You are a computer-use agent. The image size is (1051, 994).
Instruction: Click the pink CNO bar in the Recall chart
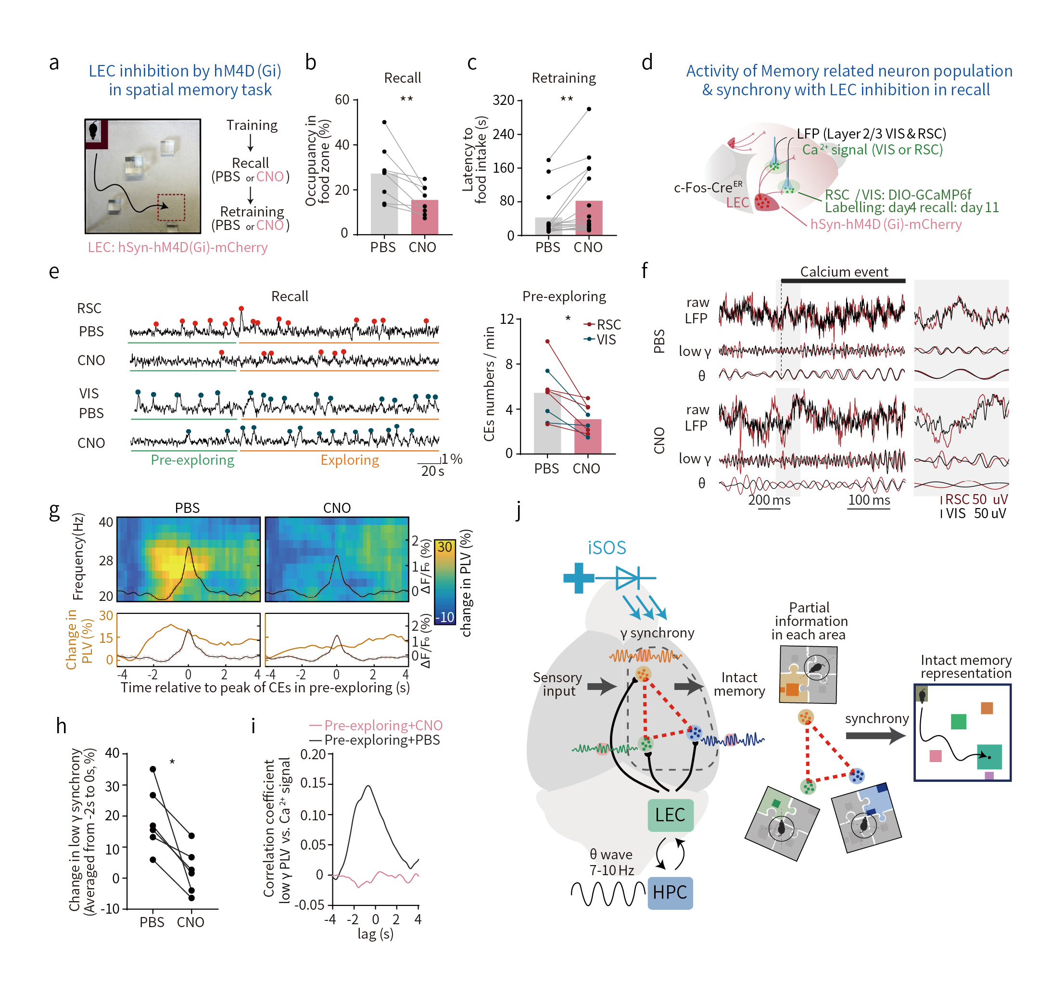(x=424, y=217)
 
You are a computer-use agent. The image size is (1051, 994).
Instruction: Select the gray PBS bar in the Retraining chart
(x=548, y=226)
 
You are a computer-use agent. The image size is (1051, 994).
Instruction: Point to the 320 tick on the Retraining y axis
(x=504, y=100)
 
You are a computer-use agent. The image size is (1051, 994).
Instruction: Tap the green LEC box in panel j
(x=670, y=815)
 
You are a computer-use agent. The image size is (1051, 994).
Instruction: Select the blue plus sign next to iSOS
(x=579, y=577)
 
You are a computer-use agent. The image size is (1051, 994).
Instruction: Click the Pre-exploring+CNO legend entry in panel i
(x=376, y=725)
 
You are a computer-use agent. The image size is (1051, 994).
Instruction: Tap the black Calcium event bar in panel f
(x=842, y=281)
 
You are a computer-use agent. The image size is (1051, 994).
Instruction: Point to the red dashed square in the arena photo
(x=171, y=207)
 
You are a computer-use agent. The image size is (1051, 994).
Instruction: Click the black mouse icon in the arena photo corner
(x=94, y=130)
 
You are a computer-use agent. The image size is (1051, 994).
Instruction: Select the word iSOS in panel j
(x=607, y=548)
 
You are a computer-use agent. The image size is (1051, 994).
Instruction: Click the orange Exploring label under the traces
(x=350, y=460)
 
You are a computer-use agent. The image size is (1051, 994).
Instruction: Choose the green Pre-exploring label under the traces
(x=192, y=460)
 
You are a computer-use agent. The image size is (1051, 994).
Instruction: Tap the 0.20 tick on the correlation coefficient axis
(x=313, y=754)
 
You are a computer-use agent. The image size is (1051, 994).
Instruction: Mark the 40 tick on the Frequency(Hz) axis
(x=106, y=522)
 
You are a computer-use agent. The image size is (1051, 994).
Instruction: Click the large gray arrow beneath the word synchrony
(x=875, y=736)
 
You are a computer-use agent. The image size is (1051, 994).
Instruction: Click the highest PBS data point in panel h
(x=153, y=769)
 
